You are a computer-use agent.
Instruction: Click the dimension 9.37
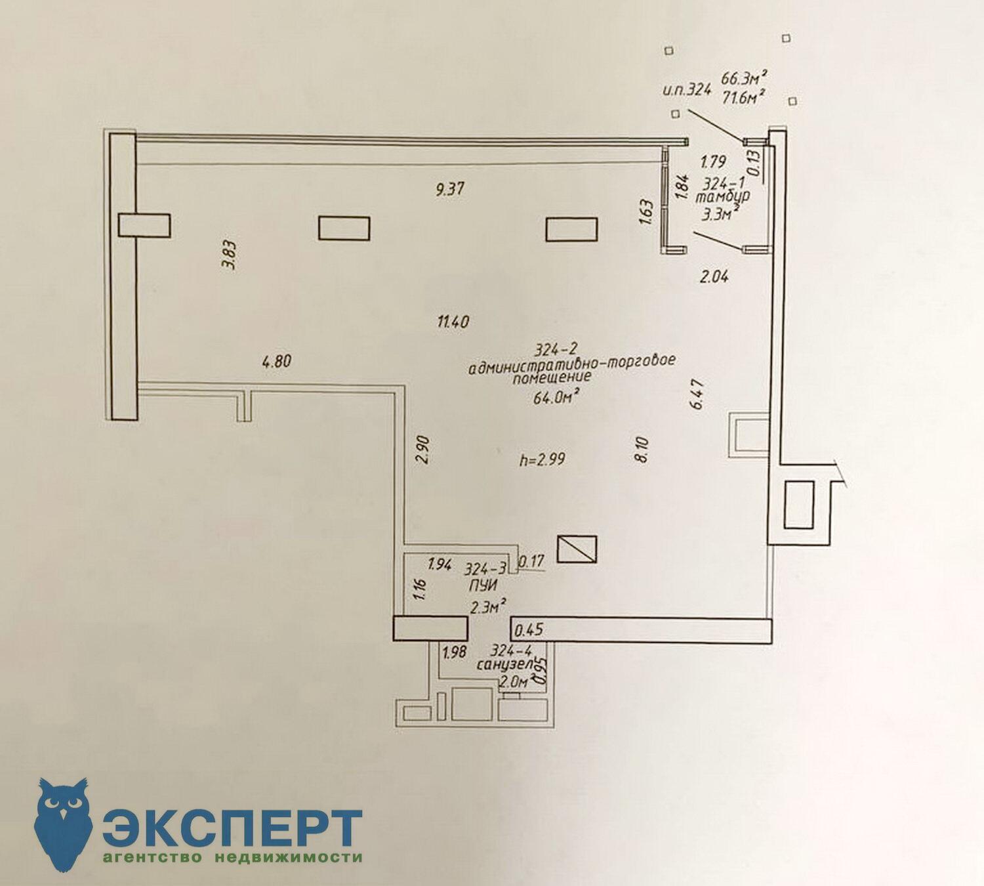[x=450, y=189]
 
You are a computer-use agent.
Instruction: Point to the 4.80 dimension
[x=277, y=362]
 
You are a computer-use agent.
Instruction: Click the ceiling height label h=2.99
[x=542, y=459]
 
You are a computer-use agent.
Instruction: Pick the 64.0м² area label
[x=554, y=396]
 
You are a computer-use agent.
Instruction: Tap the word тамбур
[x=722, y=198]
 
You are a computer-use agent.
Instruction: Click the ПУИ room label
[x=483, y=585]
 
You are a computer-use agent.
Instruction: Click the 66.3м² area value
[x=744, y=77]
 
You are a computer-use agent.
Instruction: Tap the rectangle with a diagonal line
[x=577, y=549]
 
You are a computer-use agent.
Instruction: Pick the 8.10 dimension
[x=643, y=450]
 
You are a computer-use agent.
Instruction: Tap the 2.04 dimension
[x=714, y=278]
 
